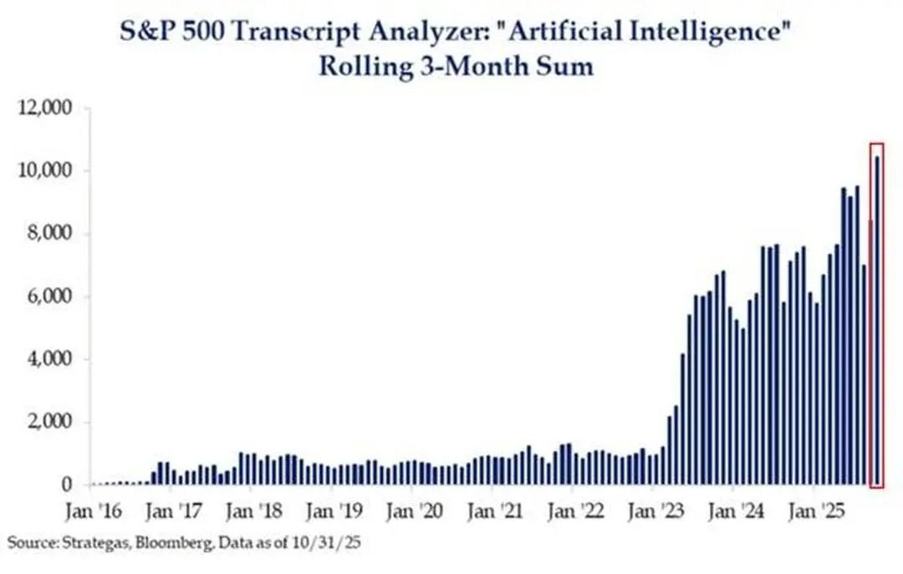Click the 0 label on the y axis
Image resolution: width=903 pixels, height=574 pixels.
pyautogui.click(x=71, y=485)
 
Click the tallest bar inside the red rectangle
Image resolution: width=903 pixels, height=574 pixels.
pyautogui.click(x=877, y=321)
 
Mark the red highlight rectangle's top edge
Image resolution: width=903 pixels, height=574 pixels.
pyautogui.click(x=876, y=144)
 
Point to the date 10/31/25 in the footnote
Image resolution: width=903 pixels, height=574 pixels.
pyautogui.click(x=334, y=543)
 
